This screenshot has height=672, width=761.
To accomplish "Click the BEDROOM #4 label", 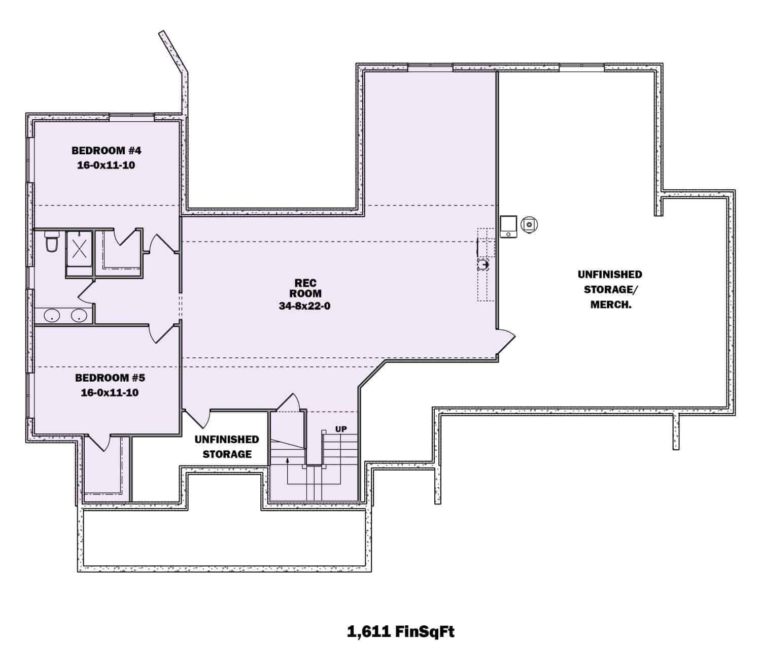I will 106,150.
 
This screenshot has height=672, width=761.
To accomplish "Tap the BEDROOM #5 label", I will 110,378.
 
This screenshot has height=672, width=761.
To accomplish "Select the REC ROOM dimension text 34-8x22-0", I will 304,306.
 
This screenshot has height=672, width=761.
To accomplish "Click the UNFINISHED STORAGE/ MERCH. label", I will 610,289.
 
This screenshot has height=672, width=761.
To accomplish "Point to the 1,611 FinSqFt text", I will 400,631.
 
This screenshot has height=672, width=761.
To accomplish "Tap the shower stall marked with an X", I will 79,249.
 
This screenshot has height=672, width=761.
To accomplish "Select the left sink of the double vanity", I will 52,316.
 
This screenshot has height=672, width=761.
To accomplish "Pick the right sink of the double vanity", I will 79,316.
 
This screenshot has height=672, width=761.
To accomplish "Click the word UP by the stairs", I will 341,429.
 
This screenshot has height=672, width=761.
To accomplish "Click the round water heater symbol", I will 529,224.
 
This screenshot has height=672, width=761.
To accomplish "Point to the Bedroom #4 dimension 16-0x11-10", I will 106,165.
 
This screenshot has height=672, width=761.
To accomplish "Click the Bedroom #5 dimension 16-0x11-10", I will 110,392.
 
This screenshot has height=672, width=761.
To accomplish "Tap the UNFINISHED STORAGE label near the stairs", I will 227,447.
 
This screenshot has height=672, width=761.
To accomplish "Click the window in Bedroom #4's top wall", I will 131,116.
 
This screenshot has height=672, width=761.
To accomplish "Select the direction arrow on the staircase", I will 288,460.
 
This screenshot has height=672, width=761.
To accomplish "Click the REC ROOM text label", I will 305,288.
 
